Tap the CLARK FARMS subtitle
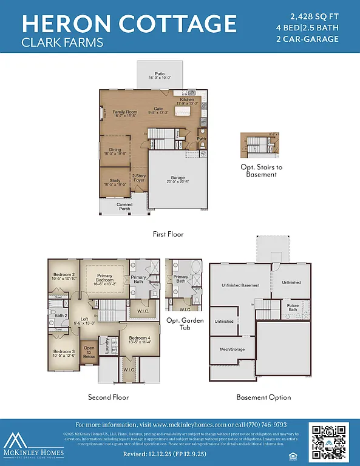click(62, 43)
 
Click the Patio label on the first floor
click(160, 75)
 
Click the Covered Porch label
click(124, 207)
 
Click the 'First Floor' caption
click(169, 234)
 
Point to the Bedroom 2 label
click(64, 277)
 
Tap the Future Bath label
click(293, 308)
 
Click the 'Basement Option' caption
click(263, 397)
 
